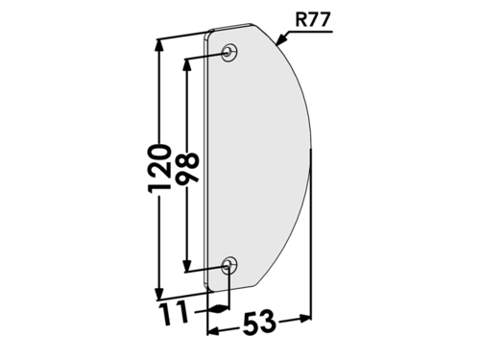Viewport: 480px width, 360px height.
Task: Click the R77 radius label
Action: (312, 20)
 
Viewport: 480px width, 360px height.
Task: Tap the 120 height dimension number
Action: (159, 169)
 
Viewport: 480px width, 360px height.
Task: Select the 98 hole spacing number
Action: (187, 169)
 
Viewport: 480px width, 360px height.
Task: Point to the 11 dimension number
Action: (174, 313)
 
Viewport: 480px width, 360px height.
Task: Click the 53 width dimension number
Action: (259, 323)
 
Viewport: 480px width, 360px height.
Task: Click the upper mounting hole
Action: (229, 52)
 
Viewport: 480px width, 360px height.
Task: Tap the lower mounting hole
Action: (229, 265)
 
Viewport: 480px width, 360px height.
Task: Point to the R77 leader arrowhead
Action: (281, 39)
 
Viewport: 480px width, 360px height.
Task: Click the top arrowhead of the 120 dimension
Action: (159, 48)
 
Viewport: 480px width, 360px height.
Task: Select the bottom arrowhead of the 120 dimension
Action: (159, 291)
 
